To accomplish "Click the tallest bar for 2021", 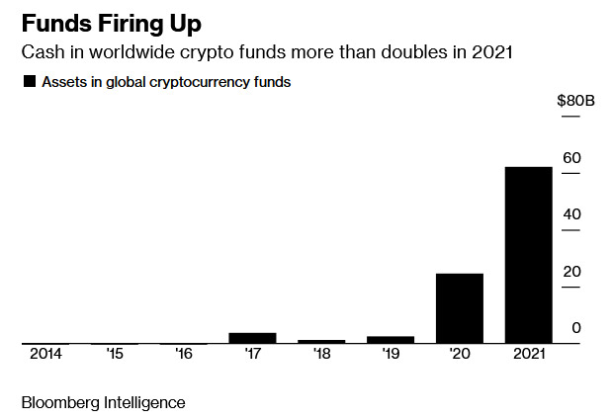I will pos(528,255).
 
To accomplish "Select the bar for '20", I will pos(460,308).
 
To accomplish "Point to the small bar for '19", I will pos(391,340).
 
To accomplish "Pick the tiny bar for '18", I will pos(321,341).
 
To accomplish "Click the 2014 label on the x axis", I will pos(44,354).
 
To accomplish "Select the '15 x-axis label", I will pos(115,354).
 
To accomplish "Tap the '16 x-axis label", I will pos(184,354).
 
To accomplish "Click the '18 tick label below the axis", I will pos(321,354).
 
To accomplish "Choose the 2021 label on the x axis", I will pos(528,354).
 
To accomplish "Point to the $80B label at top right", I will pos(574,100).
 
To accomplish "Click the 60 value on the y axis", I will pos(571,158).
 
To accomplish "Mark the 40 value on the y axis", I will pos(571,214).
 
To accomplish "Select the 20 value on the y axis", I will pos(571,272).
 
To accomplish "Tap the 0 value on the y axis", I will pos(575,328).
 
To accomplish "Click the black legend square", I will pos(29,82).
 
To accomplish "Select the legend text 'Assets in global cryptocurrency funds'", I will pos(166,82).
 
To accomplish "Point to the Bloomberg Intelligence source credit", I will pos(103,402).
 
